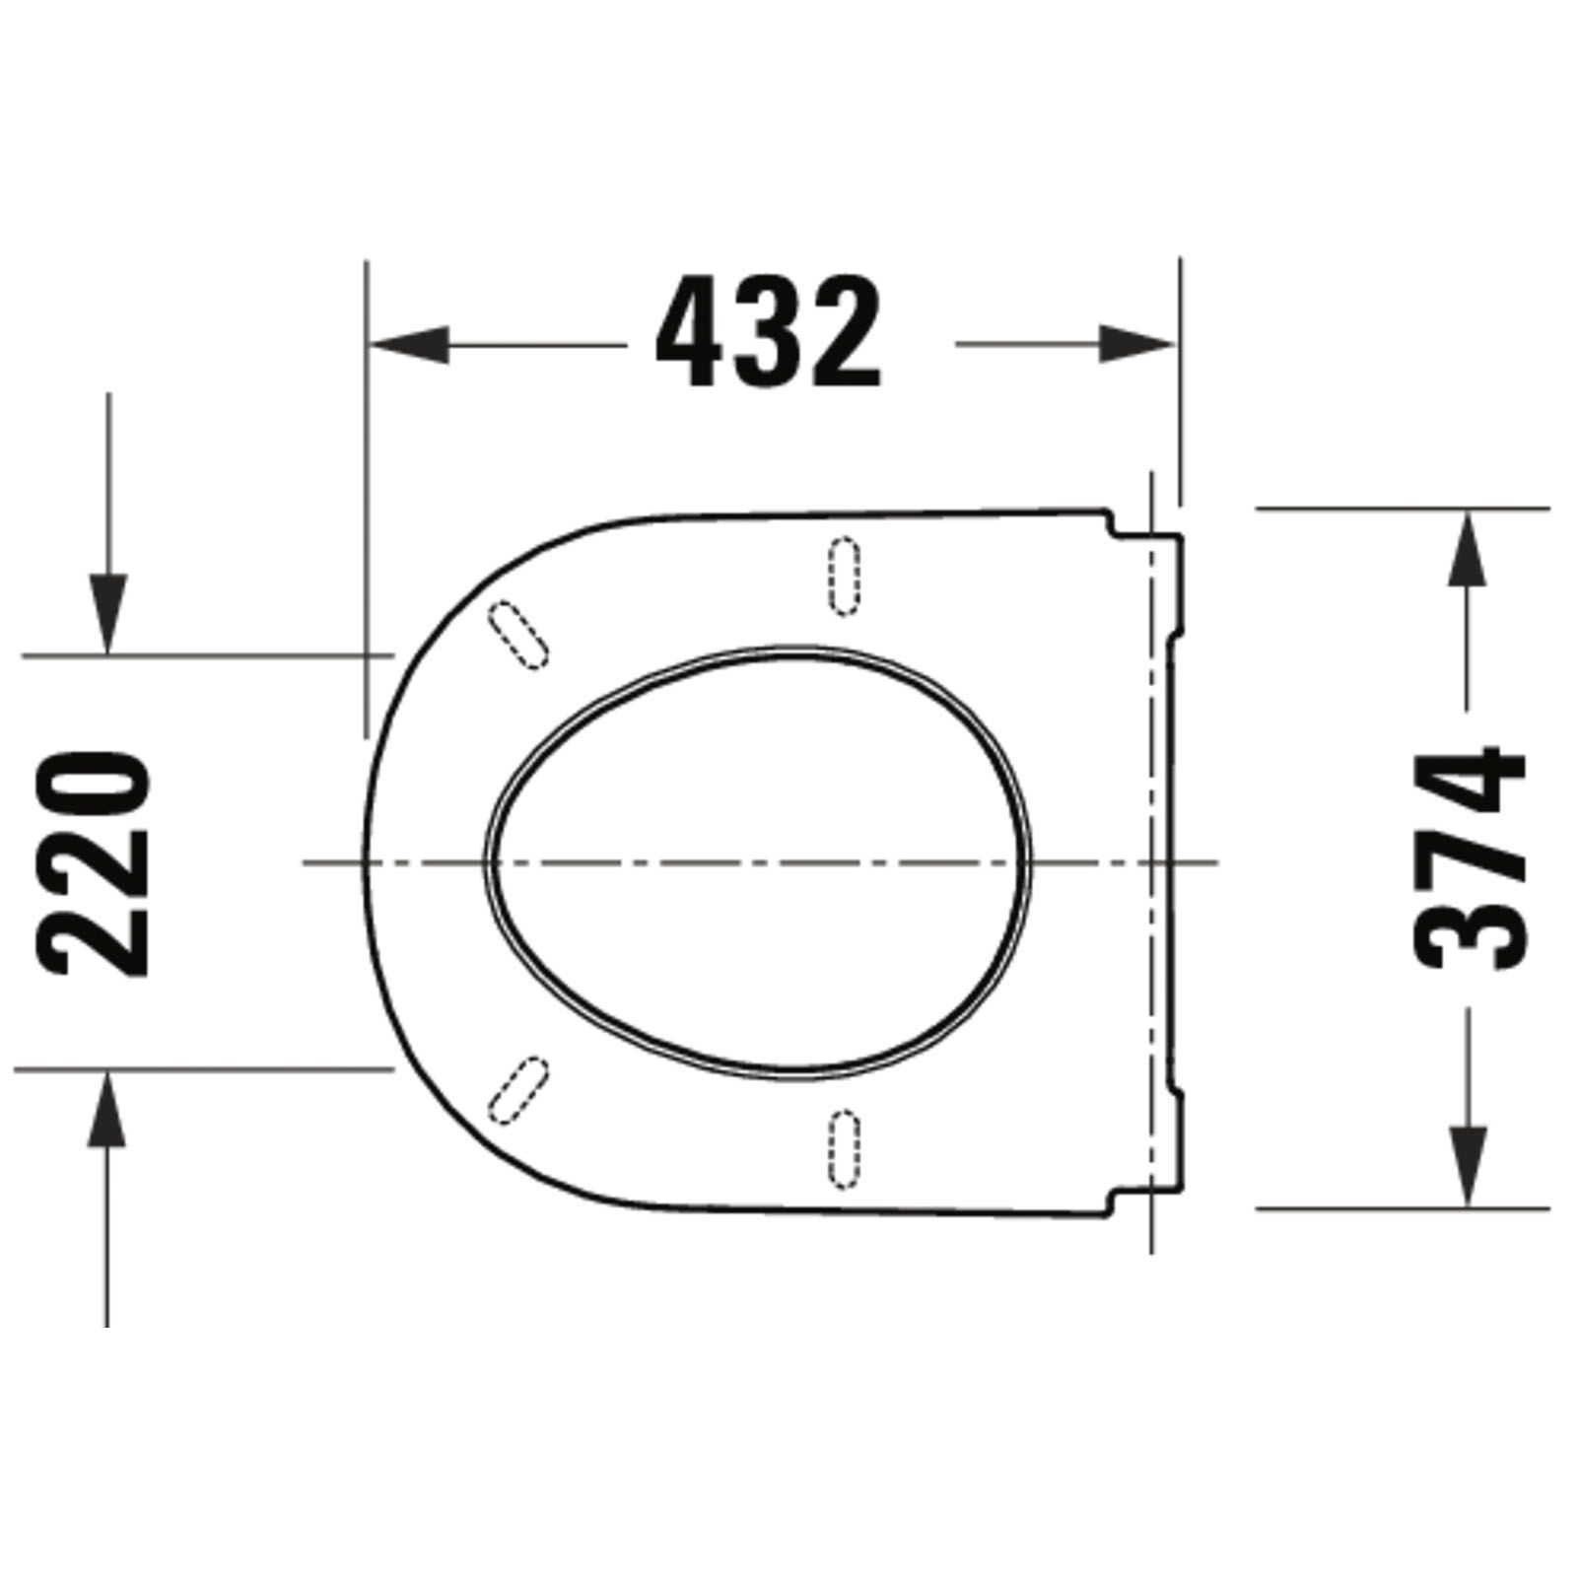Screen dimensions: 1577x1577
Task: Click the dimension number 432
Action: tap(768, 332)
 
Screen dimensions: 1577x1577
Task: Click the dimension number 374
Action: tap(1470, 858)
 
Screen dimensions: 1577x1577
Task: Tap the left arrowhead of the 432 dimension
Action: tap(408, 345)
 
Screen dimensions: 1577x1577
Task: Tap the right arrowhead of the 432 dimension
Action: tap(1137, 344)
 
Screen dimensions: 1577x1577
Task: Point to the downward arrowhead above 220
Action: tap(107, 614)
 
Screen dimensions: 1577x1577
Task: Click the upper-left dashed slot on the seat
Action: tap(517, 634)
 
